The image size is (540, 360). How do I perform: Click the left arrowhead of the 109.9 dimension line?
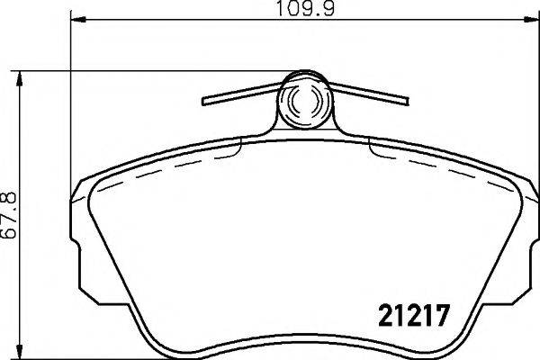[x=75, y=20]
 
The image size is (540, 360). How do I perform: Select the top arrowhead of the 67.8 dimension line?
[x=19, y=76]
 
